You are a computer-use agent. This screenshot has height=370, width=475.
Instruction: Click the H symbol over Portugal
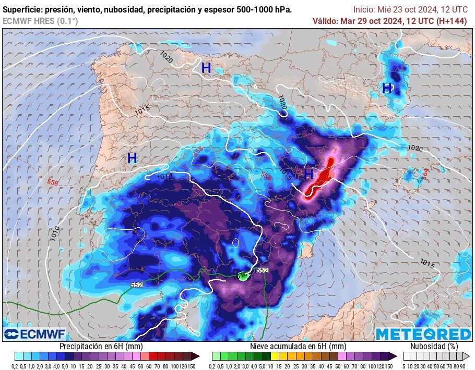click(132, 157)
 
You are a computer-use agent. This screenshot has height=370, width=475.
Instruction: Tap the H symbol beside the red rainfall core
click(308, 174)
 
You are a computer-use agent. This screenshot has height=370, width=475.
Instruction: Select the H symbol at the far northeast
click(387, 88)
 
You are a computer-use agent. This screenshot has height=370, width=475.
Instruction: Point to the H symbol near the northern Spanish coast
click(206, 68)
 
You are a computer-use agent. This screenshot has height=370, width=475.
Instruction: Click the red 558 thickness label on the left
click(53, 182)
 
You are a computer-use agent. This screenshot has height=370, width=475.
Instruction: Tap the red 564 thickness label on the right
click(425, 174)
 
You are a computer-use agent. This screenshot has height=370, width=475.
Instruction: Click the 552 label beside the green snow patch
click(263, 270)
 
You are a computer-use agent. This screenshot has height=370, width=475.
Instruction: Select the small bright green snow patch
click(243, 276)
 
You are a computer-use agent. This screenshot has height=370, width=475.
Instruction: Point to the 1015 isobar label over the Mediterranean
click(426, 264)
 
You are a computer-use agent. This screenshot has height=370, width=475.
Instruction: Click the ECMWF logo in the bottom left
click(34, 334)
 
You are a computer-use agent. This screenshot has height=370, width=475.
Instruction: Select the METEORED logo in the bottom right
click(423, 334)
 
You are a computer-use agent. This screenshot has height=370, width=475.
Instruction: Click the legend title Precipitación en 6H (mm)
click(101, 346)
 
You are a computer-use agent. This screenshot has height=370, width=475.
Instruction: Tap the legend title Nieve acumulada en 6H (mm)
click(298, 346)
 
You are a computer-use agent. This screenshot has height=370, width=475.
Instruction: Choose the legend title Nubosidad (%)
click(434, 346)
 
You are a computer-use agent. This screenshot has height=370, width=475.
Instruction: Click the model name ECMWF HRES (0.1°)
click(40, 21)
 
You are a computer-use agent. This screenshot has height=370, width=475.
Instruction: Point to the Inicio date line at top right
click(410, 9)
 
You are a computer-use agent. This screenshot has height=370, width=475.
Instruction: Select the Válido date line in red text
click(390, 21)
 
